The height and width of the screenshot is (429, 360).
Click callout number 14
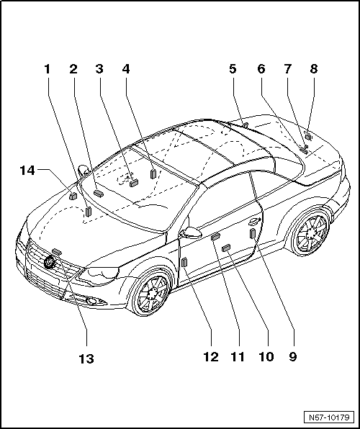click(27, 171)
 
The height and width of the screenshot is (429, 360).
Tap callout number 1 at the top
click(48, 69)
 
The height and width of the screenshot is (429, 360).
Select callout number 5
click(233, 69)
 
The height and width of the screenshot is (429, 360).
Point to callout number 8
click(314, 69)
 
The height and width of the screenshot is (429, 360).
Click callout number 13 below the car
click(86, 358)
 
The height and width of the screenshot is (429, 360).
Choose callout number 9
click(293, 357)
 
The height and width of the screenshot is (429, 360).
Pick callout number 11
click(238, 357)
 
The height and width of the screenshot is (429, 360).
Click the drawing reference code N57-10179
click(329, 417)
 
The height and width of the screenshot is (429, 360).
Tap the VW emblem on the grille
click(50, 262)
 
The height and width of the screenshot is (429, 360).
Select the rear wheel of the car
click(311, 234)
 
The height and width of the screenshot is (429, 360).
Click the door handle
click(255, 222)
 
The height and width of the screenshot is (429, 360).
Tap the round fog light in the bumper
click(91, 302)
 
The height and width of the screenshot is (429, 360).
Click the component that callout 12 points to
click(184, 262)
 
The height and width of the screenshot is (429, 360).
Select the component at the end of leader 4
click(153, 173)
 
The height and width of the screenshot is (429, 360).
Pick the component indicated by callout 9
click(253, 235)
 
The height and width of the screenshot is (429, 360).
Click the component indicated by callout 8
click(308, 136)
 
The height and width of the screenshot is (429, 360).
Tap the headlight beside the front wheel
click(99, 275)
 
